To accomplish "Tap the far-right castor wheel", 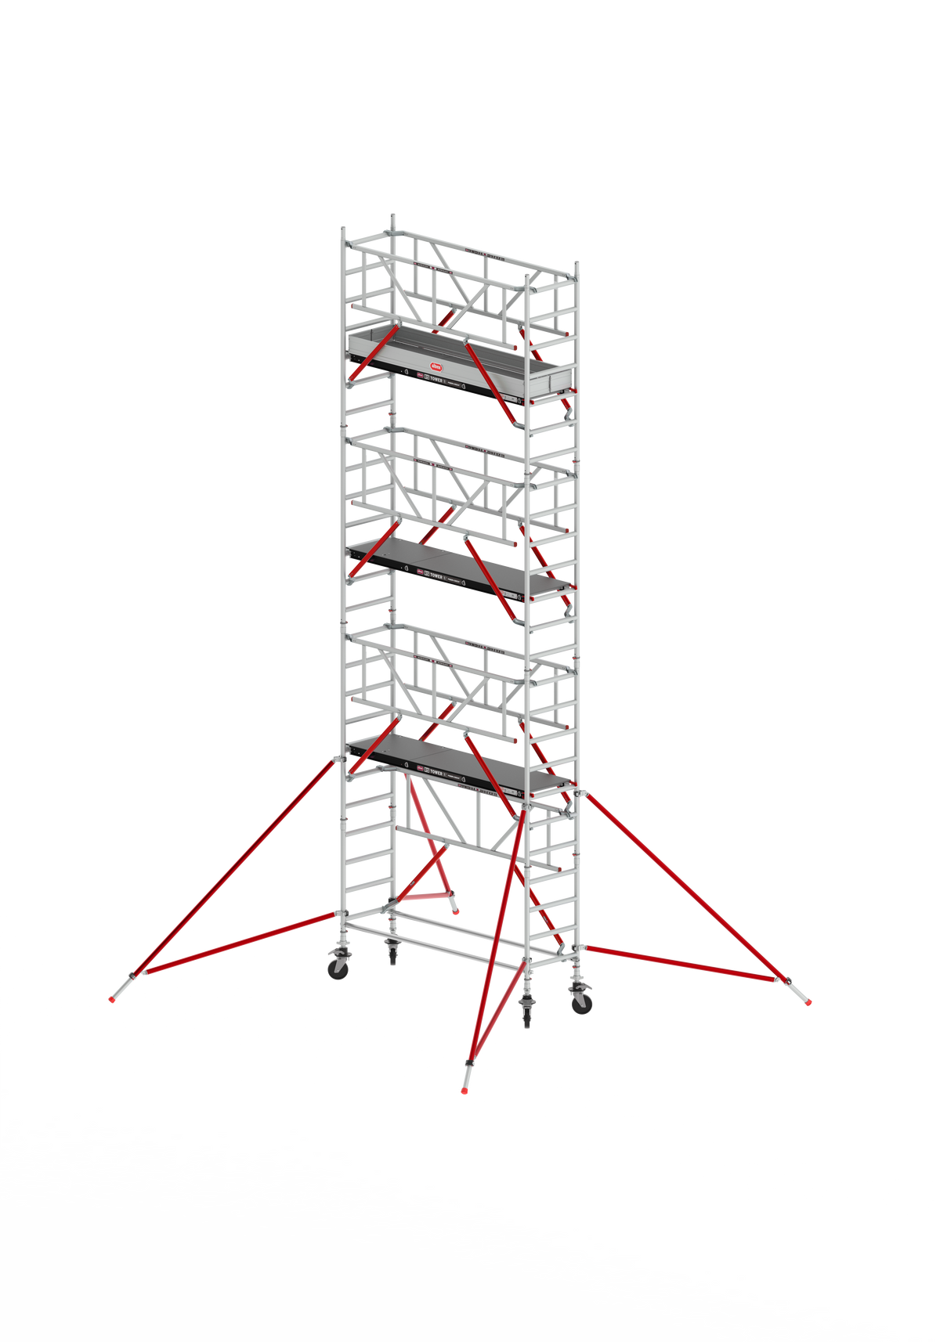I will pyautogui.click(x=582, y=1005).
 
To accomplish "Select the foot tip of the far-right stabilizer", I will pyautogui.click(x=808, y=1001).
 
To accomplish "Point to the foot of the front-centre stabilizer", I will pyautogui.click(x=465, y=1088).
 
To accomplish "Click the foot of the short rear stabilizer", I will pyautogui.click(x=455, y=910).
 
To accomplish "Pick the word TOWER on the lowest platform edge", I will pyautogui.click(x=436, y=771).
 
